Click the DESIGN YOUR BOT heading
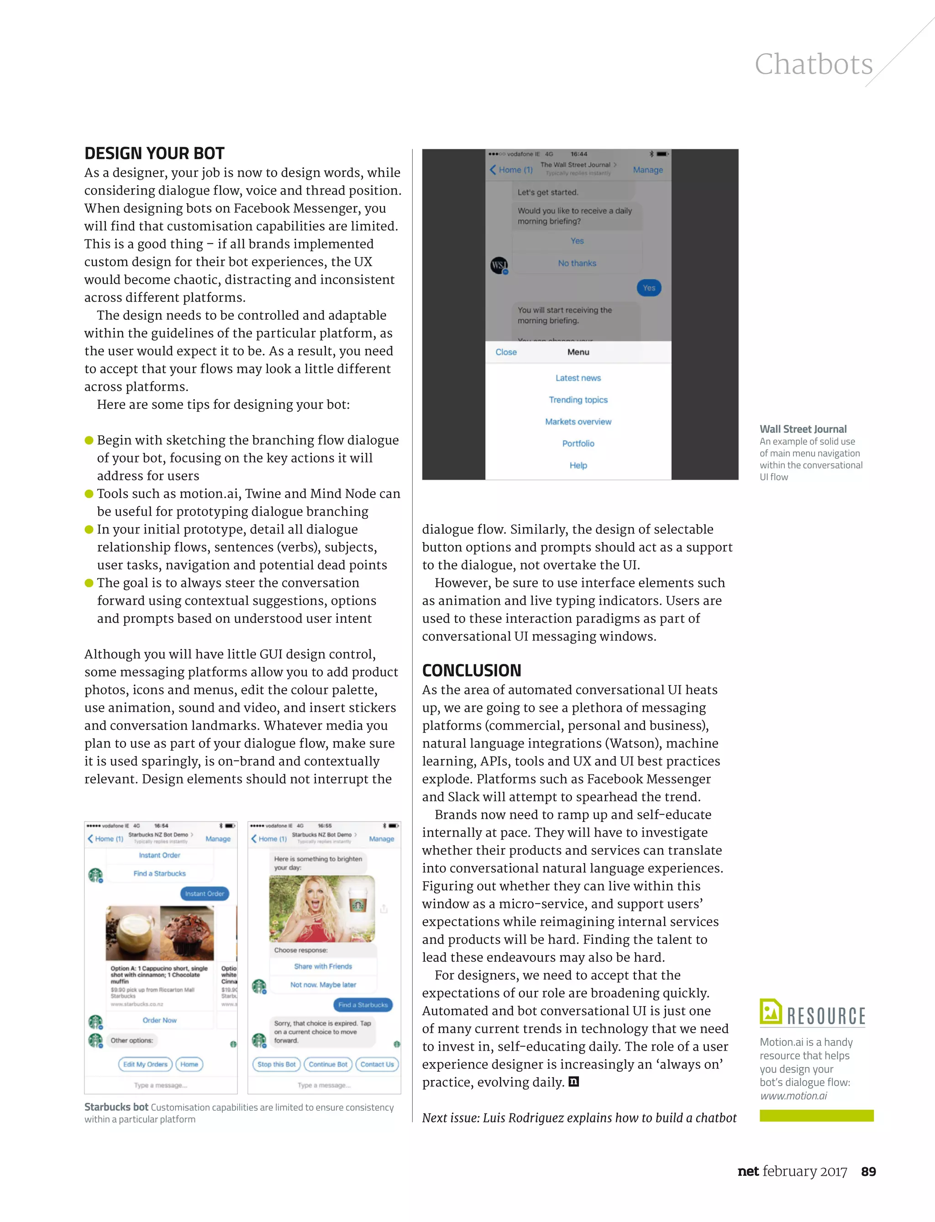point(154,153)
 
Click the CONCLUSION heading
point(472,670)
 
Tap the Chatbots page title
point(813,64)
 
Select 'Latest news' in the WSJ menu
point(578,378)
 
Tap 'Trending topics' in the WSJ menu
point(578,400)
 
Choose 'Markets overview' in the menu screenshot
point(578,421)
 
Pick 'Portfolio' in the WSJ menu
point(578,443)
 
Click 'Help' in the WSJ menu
point(578,465)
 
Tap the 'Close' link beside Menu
point(506,352)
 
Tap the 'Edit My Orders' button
point(145,1064)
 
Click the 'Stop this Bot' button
point(276,1064)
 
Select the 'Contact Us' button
point(377,1064)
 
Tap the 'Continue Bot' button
point(328,1064)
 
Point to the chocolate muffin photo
point(187,933)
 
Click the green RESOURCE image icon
point(771,1011)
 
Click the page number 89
point(868,1171)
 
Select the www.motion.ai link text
point(793,1096)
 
